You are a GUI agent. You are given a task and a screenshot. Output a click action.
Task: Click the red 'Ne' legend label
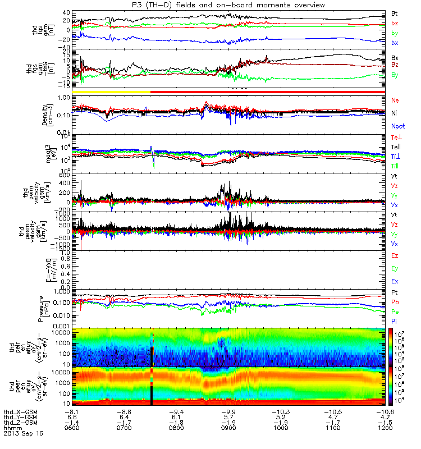(x=396, y=100)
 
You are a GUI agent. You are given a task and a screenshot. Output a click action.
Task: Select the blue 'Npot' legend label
(x=397, y=127)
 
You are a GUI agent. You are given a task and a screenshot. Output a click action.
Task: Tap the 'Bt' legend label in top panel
(x=395, y=12)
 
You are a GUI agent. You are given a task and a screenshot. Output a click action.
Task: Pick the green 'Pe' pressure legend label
(x=395, y=311)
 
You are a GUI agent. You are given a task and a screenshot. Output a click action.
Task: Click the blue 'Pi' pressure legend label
(x=395, y=321)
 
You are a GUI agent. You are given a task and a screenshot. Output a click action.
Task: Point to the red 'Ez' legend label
(x=395, y=255)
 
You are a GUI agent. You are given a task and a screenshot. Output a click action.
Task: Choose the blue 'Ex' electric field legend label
(x=395, y=281)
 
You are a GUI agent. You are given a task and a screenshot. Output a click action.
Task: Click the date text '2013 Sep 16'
(x=23, y=434)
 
